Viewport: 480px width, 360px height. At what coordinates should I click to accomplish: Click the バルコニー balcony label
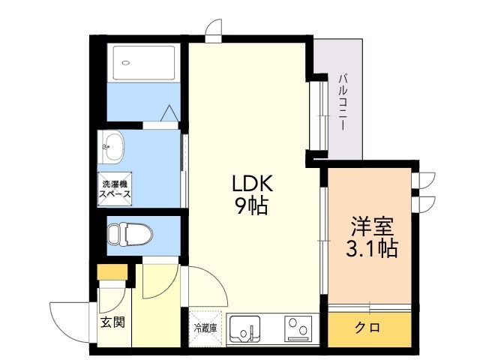(x=341, y=102)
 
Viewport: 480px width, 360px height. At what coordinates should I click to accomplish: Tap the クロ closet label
(x=367, y=328)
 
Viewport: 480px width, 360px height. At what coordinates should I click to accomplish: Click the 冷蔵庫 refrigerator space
(x=205, y=328)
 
